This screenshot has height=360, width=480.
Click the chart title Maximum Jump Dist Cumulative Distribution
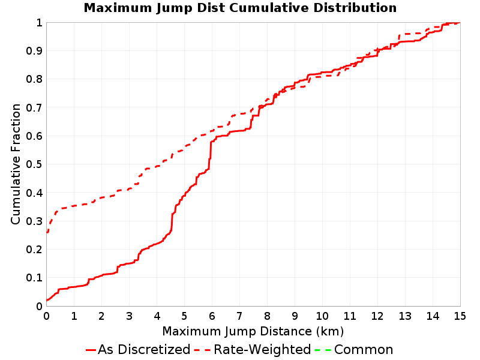tap(240, 8)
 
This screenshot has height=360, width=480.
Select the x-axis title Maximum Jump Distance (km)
tap(253, 332)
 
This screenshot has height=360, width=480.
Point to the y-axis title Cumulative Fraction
tap(16, 164)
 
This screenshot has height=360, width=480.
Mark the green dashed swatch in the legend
tap(323, 350)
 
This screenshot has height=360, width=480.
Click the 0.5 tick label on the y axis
tap(34, 164)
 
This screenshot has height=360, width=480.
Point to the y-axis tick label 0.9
tap(34, 51)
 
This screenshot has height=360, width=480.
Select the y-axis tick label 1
tap(39, 23)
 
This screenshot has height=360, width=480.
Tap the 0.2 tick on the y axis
tap(34, 250)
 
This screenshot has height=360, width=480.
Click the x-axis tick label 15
tap(460, 316)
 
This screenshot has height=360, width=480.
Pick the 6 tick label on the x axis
tap(212, 316)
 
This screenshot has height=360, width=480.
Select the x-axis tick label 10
tap(322, 316)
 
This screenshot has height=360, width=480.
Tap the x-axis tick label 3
tap(129, 316)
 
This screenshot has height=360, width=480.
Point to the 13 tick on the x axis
tap(404, 316)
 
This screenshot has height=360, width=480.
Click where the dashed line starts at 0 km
tap(47, 233)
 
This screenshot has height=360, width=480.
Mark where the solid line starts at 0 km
tap(47, 301)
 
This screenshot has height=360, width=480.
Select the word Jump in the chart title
tap(175, 8)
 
